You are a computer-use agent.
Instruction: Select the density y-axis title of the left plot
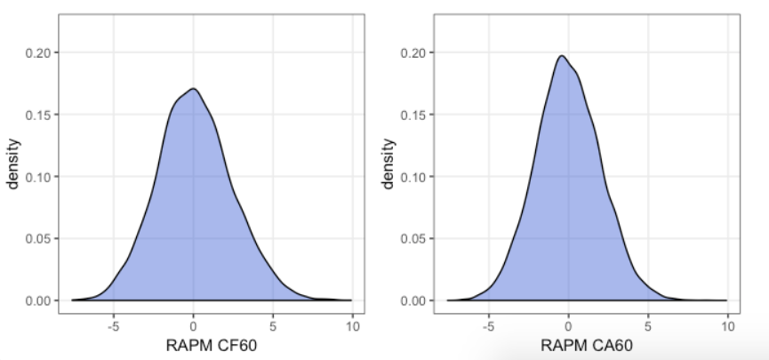13,166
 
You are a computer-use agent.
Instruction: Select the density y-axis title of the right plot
389,166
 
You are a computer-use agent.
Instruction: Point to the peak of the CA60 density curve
562,56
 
